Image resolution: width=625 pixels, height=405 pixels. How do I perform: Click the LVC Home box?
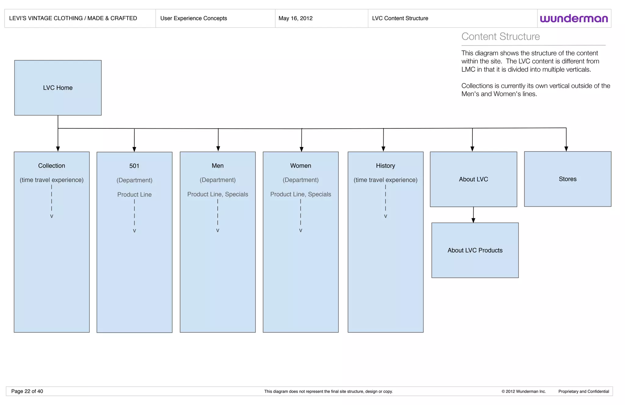(58, 88)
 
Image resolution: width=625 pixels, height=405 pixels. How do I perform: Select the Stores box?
(567, 179)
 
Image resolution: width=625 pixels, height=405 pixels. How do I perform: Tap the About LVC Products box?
(475, 250)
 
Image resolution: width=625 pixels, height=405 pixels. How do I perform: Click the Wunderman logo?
(574, 19)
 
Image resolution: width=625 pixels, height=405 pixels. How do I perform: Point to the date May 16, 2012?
(295, 18)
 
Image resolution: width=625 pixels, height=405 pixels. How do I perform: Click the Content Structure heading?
(500, 37)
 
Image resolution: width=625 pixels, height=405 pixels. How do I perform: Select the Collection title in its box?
(52, 166)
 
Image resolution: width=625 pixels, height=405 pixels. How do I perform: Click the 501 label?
(134, 166)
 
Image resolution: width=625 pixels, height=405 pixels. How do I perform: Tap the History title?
(385, 166)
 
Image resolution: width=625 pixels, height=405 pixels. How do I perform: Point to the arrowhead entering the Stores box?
(566, 149)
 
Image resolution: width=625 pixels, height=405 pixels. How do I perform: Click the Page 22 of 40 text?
(27, 391)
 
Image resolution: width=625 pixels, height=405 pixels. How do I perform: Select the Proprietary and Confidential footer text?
(583, 392)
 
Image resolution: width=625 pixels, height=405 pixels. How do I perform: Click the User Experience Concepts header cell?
(193, 18)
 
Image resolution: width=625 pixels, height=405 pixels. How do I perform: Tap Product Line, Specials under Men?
(218, 194)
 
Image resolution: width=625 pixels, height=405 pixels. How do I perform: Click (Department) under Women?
(301, 180)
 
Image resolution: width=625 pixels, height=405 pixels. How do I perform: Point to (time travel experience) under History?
(385, 180)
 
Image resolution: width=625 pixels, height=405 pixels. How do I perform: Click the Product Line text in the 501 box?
(134, 195)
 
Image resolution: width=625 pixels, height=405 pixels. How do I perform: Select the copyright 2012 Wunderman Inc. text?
(523, 392)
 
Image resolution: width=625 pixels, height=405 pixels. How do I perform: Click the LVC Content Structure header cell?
(400, 18)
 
